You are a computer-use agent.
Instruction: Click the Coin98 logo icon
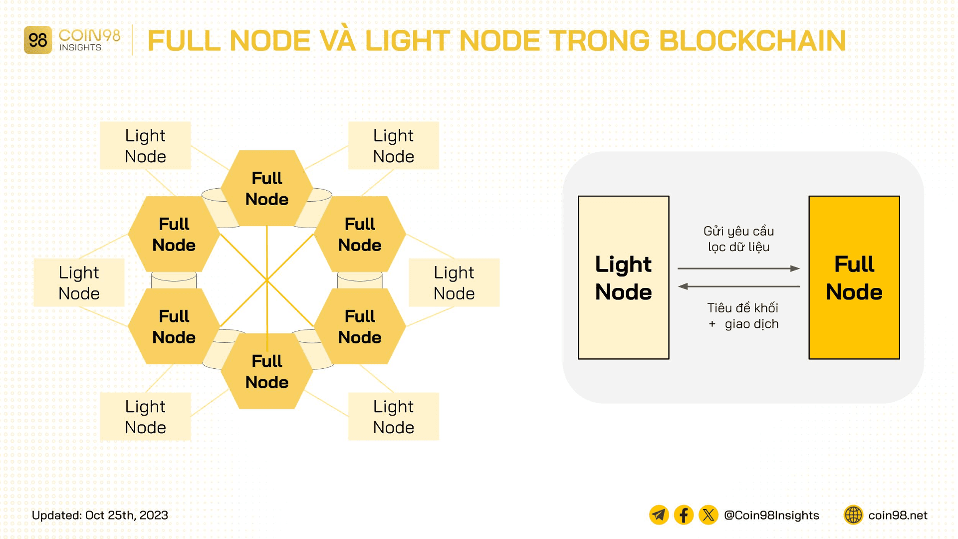pyautogui.click(x=37, y=40)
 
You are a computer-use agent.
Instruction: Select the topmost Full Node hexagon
pyautogui.click(x=267, y=188)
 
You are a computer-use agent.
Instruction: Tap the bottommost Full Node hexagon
pyautogui.click(x=267, y=371)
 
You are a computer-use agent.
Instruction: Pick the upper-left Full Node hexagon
pyautogui.click(x=174, y=234)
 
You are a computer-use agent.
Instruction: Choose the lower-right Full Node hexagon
pyautogui.click(x=360, y=326)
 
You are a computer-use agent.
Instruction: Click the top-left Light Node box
pyautogui.click(x=145, y=146)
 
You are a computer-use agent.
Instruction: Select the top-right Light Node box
pyautogui.click(x=393, y=146)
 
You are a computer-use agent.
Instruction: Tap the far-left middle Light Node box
pyautogui.click(x=79, y=282)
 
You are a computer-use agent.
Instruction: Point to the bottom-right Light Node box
pyautogui.click(x=393, y=417)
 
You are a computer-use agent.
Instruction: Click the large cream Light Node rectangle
pyautogui.click(x=623, y=277)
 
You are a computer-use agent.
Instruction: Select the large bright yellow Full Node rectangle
pyautogui.click(x=854, y=277)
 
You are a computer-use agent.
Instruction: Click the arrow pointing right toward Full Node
pyautogui.click(x=738, y=269)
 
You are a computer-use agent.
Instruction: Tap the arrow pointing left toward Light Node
pyautogui.click(x=738, y=286)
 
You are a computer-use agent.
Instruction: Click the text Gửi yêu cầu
pyautogui.click(x=738, y=231)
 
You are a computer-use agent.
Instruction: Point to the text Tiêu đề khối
pyautogui.click(x=742, y=308)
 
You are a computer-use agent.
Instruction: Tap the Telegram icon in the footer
pyautogui.click(x=659, y=515)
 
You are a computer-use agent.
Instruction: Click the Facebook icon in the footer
pyautogui.click(x=684, y=515)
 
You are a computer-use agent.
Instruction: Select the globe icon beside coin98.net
pyautogui.click(x=853, y=515)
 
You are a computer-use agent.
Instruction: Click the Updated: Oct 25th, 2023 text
pyautogui.click(x=100, y=515)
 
